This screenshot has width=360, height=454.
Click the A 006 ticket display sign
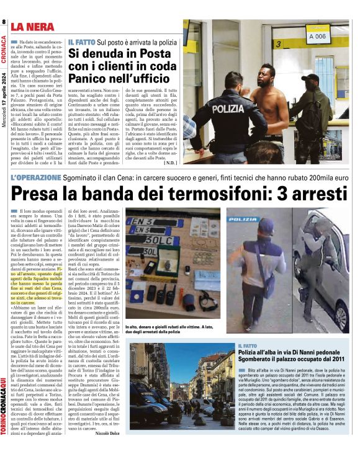(318, 36)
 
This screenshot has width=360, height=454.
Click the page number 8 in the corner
(4, 22)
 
